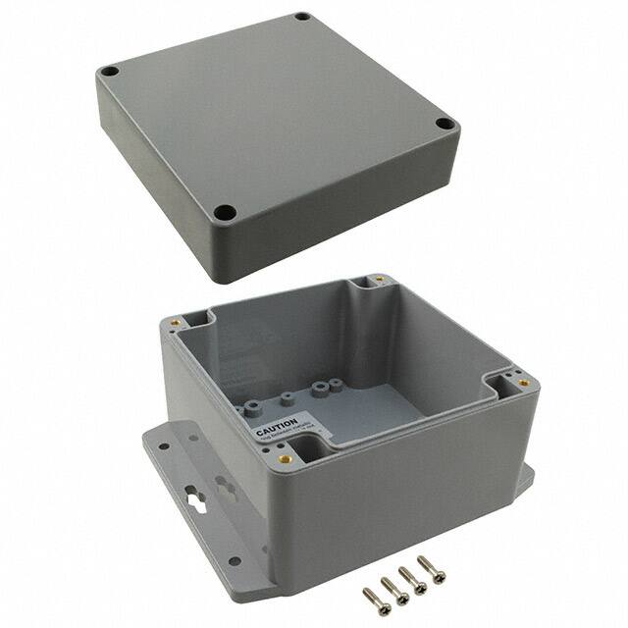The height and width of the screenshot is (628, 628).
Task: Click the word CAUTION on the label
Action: pyautogui.click(x=277, y=429)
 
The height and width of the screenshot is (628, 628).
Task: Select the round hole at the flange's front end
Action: pyautogui.click(x=235, y=561)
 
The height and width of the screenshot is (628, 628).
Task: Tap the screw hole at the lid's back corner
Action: pyautogui.click(x=303, y=17)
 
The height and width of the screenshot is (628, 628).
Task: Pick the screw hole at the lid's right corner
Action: pyautogui.click(x=445, y=125)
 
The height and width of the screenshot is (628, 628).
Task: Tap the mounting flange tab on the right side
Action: pyautogui.click(x=524, y=476)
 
